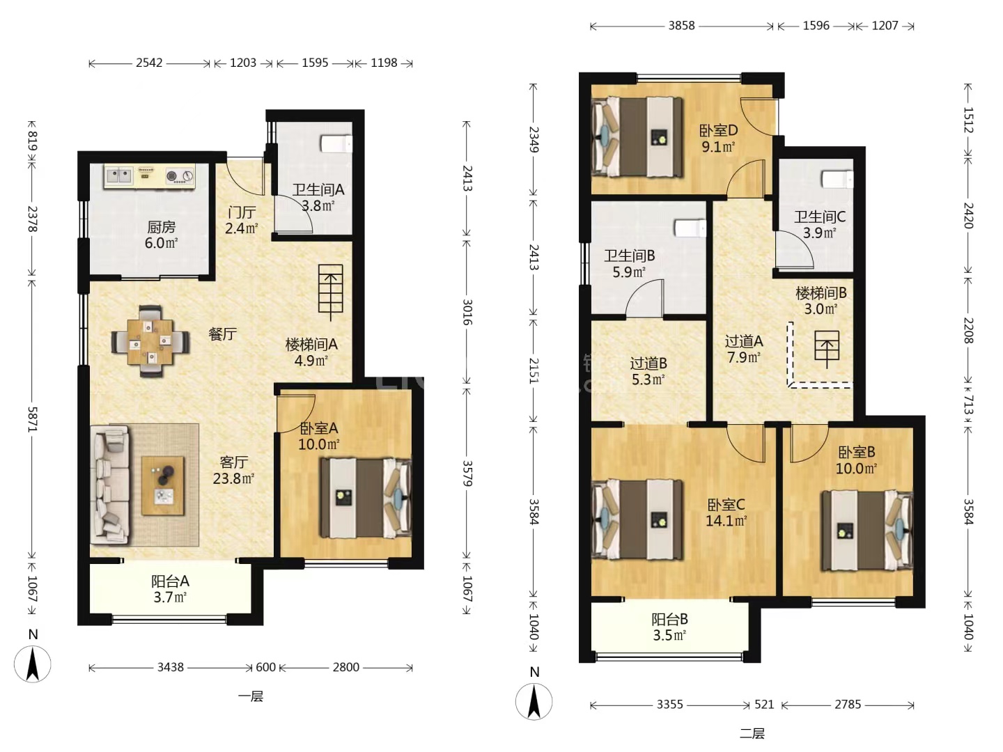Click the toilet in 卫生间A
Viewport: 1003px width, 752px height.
pyautogui.click(x=336, y=143)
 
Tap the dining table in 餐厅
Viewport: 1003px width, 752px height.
pyautogui.click(x=150, y=341)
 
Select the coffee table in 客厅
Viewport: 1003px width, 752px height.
pyautogui.click(x=163, y=485)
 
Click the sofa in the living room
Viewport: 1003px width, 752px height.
pyautogui.click(x=109, y=485)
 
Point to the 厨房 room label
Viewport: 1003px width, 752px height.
pyautogui.click(x=161, y=227)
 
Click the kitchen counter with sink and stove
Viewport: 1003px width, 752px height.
pyautogui.click(x=150, y=175)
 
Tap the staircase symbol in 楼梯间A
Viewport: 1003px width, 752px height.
pyautogui.click(x=331, y=292)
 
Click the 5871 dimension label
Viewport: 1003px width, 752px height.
pyautogui.click(x=33, y=418)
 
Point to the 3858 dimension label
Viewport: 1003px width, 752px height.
pyautogui.click(x=681, y=26)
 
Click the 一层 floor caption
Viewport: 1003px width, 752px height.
pyautogui.click(x=251, y=696)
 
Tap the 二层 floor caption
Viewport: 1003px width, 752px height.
pyautogui.click(x=752, y=734)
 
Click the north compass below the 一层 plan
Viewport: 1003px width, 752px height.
pyautogui.click(x=33, y=664)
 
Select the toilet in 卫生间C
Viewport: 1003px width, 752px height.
pyautogui.click(x=837, y=179)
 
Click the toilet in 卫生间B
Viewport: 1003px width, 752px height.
pyautogui.click(x=690, y=228)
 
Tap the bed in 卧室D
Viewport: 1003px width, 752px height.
pyautogui.click(x=637, y=137)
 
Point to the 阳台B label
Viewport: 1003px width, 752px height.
pyautogui.click(x=669, y=619)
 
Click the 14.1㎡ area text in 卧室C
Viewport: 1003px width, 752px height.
pyautogui.click(x=726, y=521)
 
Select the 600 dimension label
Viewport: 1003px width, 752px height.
pyautogui.click(x=265, y=667)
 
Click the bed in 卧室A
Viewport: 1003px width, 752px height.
pyautogui.click(x=366, y=498)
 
